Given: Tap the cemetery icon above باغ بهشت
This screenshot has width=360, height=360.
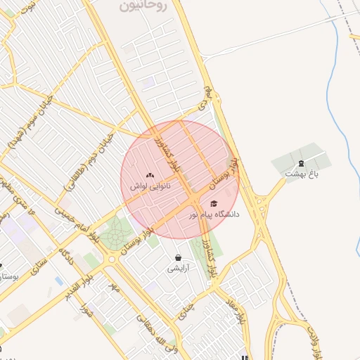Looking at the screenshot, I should point(302,162).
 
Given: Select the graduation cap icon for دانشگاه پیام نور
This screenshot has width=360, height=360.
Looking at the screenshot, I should point(214,203).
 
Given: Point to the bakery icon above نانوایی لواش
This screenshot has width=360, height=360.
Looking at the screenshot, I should point(149,175).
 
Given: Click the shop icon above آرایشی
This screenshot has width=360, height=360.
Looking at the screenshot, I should point(177,257).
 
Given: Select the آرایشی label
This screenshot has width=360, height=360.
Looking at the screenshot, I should point(177,268).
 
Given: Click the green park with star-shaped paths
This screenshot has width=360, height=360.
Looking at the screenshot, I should point(115,234).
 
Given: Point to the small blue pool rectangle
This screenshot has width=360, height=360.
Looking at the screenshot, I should point(58,281).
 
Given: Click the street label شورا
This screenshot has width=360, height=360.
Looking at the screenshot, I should point(86,310).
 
